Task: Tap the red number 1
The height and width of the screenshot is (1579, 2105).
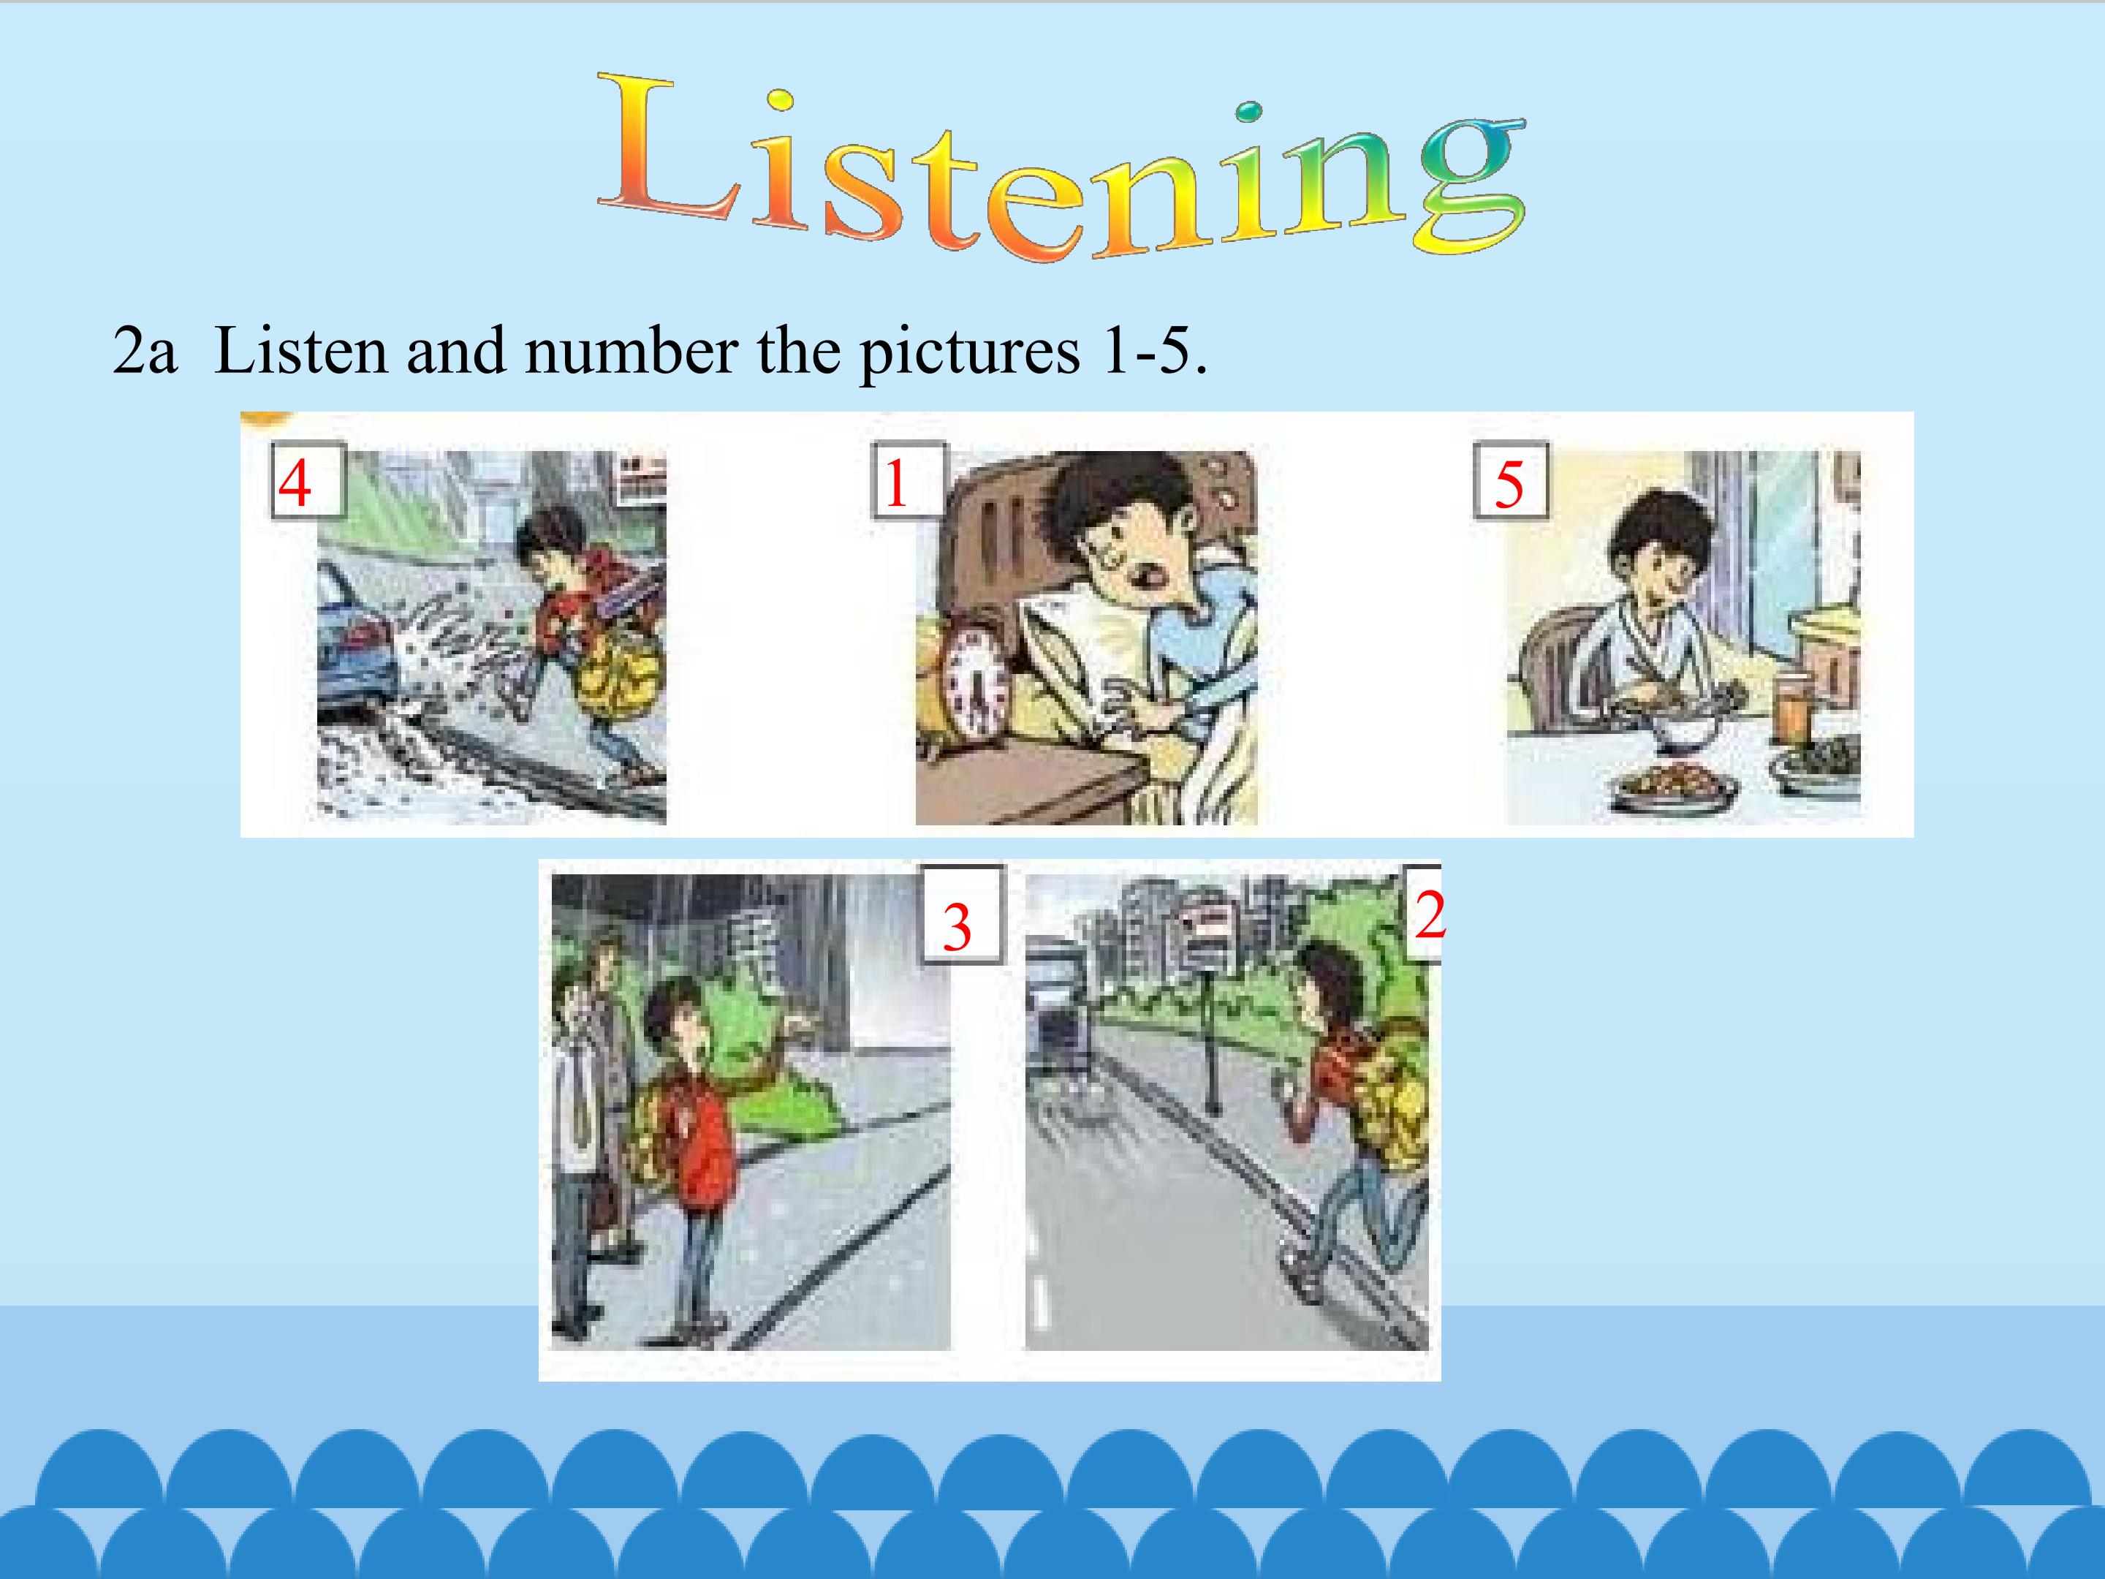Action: (896, 483)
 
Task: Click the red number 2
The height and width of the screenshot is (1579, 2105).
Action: (1430, 915)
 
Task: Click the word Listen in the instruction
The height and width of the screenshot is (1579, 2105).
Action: (302, 351)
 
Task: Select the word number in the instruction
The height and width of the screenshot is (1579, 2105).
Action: (630, 351)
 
